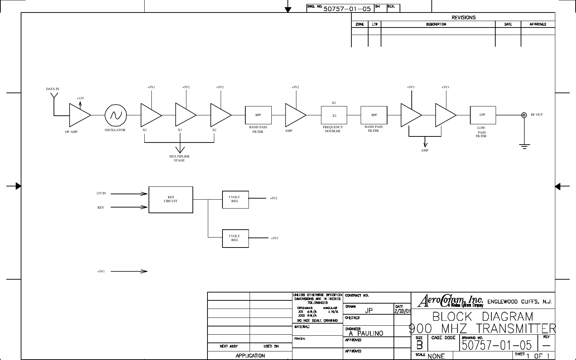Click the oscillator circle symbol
(116, 115)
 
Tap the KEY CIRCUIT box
(171, 200)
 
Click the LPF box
(483, 115)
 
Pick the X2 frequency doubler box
(334, 115)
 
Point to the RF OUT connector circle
(524, 115)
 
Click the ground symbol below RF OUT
(525, 146)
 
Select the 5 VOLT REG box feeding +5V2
(235, 199)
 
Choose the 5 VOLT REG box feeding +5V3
(235, 238)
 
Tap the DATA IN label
(52, 89)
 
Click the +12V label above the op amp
(80, 98)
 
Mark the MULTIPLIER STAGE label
(179, 158)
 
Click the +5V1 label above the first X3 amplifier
(151, 87)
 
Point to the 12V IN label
(101, 193)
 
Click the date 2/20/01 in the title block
(402, 311)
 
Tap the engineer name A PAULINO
(366, 334)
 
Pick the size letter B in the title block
(420, 345)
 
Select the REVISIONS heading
(464, 17)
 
